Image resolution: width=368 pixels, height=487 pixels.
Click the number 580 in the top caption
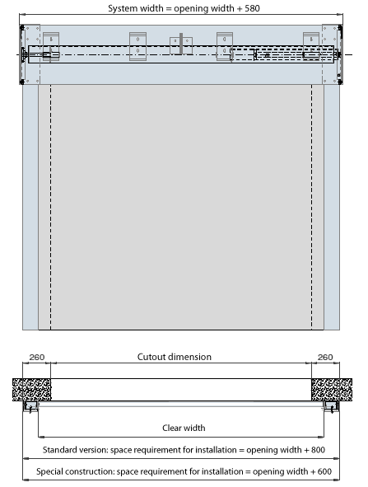coord(252,8)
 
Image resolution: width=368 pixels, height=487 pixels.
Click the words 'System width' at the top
coord(136,8)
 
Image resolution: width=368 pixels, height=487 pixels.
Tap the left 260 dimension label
coord(36,357)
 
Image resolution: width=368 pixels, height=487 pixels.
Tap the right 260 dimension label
coord(325,357)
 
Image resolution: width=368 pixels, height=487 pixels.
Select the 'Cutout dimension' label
coord(175,357)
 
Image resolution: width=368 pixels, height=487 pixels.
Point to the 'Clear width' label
coord(184,428)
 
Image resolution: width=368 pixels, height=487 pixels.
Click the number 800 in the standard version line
coord(318,450)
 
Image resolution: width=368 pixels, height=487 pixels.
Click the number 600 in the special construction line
coord(324,471)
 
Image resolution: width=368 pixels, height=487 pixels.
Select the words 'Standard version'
coord(75,450)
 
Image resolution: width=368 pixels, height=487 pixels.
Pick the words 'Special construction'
coord(75,471)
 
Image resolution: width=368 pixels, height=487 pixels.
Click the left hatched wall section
coord(31,390)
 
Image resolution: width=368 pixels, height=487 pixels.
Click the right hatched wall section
coord(332,390)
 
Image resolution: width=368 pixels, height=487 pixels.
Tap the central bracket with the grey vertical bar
coord(181,45)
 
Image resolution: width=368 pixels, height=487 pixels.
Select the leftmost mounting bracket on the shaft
coord(51,46)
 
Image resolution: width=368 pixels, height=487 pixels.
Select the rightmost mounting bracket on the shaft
coord(311,46)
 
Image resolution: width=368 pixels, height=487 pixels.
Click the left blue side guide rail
coord(30,207)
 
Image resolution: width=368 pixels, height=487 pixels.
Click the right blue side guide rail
coord(332,207)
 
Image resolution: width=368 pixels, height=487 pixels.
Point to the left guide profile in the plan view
coord(30,406)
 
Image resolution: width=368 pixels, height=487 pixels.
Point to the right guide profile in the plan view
coord(331,406)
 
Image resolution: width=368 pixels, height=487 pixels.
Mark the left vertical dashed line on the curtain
coord(51,207)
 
